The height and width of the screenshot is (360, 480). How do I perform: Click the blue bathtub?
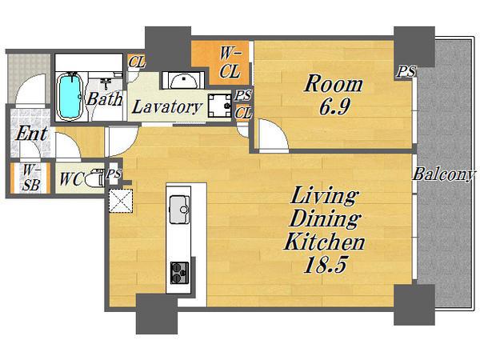70,95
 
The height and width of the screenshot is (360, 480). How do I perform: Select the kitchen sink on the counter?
180,210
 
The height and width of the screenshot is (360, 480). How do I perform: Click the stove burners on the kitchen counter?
179,273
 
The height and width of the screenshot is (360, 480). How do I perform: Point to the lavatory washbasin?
182,80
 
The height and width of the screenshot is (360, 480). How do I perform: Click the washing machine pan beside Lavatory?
219,106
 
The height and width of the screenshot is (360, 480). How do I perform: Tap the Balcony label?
443,174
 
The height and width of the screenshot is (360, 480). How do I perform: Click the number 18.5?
325,264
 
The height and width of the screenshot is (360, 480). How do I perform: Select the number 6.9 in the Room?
334,106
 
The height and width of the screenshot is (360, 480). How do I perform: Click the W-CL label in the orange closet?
230,63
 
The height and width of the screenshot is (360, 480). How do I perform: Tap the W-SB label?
31,178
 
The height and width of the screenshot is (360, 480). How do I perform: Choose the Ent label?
31,134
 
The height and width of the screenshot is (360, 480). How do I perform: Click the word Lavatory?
167,107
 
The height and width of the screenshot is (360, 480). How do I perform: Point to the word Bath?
104,99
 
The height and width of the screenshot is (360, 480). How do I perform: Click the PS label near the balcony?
406,71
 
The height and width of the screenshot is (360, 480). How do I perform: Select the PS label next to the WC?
114,174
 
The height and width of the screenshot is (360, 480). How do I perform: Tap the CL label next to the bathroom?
136,62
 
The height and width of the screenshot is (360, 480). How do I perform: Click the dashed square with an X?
121,201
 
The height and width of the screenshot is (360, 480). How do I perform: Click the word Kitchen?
325,242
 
